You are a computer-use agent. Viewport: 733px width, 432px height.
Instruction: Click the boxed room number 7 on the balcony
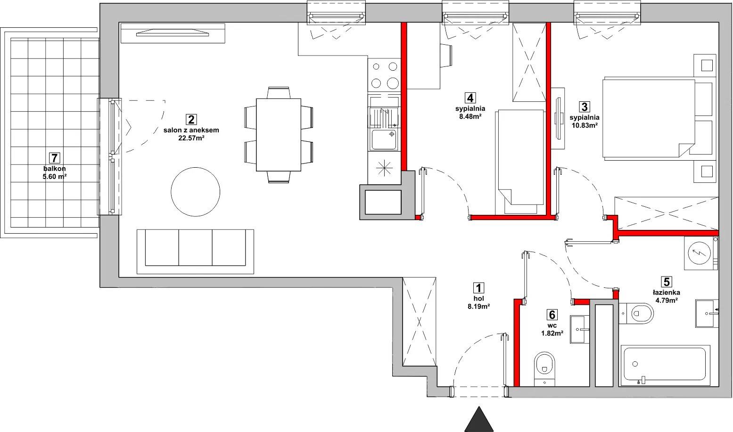point(54,158)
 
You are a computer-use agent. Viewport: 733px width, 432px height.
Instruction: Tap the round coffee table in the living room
point(195,192)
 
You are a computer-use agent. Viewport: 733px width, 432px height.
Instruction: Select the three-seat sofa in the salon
point(195,251)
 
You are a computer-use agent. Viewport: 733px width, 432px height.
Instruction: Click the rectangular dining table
point(279,135)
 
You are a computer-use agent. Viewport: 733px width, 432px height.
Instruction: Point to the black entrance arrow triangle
point(479,419)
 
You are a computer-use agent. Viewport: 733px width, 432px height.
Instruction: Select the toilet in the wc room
point(544,369)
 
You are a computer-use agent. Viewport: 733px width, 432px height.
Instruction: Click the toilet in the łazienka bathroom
point(636,313)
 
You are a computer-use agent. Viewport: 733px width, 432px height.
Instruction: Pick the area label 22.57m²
point(191,138)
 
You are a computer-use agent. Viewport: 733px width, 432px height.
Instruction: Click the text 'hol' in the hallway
point(479,299)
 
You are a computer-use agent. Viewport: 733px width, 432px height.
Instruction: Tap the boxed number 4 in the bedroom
point(470,98)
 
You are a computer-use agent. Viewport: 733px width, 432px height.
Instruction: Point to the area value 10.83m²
point(585,125)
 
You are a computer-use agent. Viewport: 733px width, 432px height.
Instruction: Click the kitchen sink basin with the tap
point(384,139)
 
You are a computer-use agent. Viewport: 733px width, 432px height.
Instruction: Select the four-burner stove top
point(384,75)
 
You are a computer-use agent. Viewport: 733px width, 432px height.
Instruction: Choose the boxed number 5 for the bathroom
point(666,282)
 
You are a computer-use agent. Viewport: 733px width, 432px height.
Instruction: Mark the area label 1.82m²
point(552,333)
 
